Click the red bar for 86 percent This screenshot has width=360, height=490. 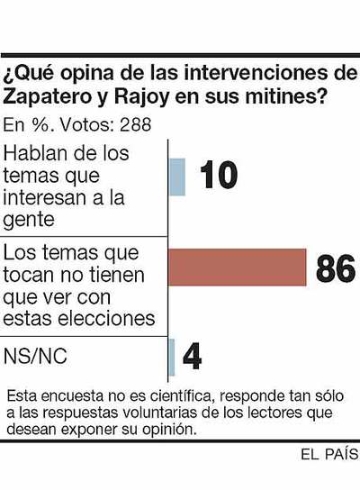[238, 267]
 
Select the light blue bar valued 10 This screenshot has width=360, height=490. [177, 177]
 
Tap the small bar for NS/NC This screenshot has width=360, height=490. [172, 357]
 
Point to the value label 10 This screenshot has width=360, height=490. [217, 176]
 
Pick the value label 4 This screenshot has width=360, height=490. [192, 357]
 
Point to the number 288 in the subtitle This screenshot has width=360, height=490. [134, 123]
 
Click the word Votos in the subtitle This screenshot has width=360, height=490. [87, 123]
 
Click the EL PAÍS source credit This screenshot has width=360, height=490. [329, 455]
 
